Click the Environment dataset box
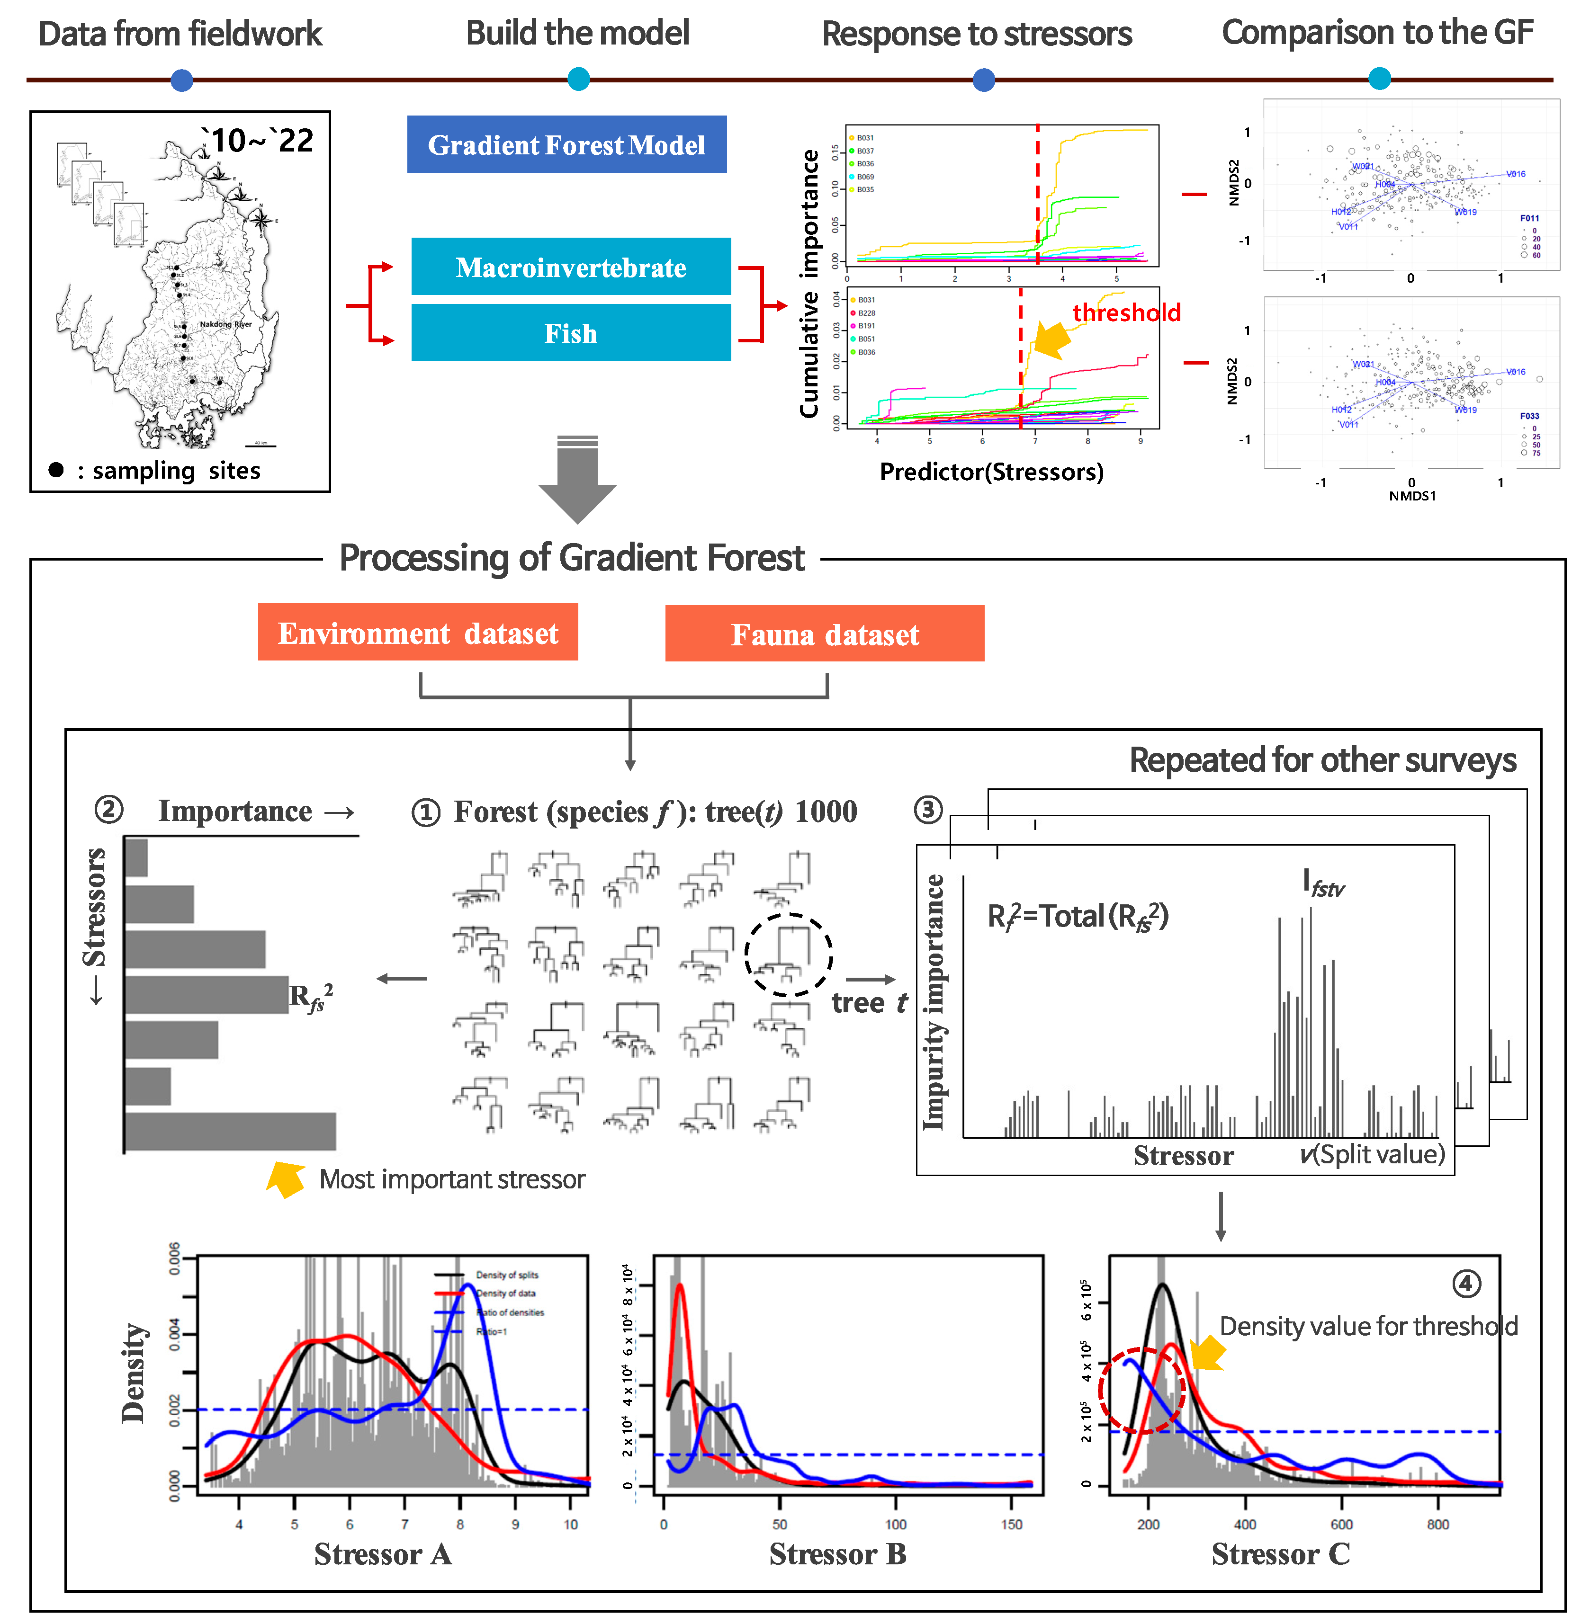418,633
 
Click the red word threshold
1126,312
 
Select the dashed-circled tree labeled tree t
788,954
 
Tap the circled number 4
1466,1283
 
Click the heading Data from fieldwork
180,34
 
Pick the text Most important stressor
452,1179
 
